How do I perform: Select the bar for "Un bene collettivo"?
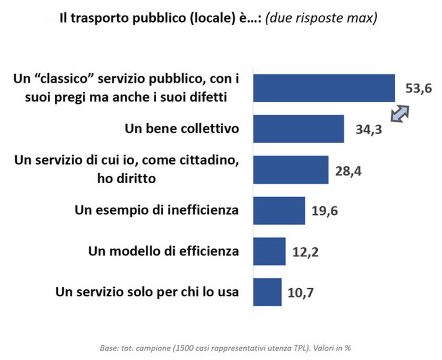299,129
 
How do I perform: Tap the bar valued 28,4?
291,170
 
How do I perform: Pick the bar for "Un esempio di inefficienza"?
279,211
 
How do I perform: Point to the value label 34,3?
368,130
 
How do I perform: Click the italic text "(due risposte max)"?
321,18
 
